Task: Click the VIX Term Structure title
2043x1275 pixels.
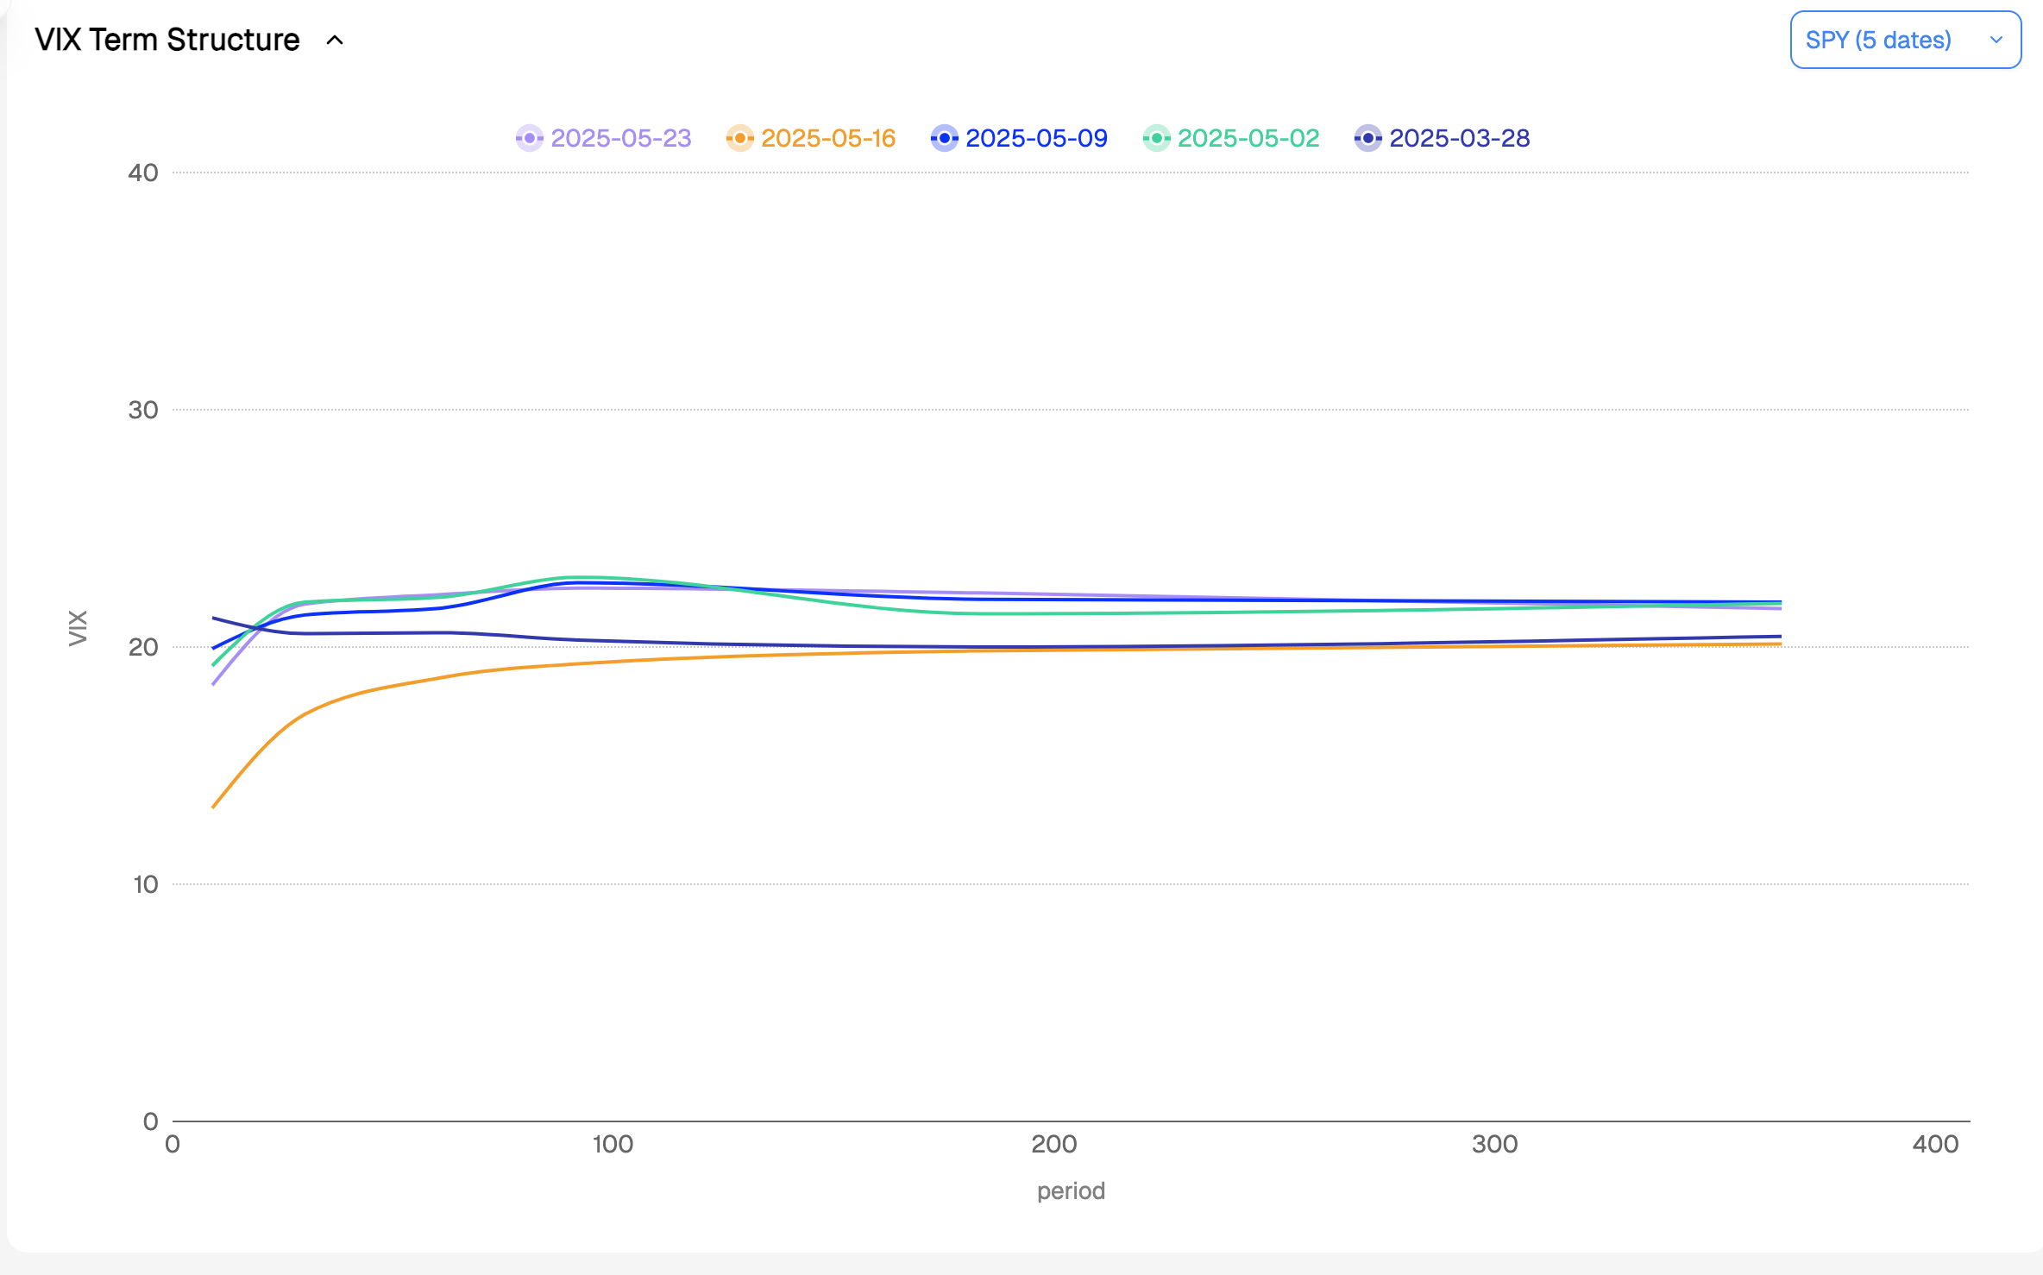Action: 167,41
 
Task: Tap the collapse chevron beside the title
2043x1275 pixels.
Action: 335,41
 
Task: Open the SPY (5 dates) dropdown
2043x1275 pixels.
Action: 1905,41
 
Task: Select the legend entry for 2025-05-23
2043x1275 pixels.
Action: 604,138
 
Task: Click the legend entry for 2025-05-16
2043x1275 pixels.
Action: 811,138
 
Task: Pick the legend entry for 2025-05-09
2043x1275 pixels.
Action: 1020,138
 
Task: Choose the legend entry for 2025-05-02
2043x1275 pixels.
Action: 1231,138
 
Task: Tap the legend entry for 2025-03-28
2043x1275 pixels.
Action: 1443,138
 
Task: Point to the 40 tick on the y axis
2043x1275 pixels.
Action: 143,173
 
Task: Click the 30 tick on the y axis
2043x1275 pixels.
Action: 143,411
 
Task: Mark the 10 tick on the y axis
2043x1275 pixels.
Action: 145,885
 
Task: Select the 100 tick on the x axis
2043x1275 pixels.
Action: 613,1145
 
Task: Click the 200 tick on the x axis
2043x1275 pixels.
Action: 1053,1145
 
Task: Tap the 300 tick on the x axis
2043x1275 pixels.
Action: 1494,1145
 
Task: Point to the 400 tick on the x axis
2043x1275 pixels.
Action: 1935,1145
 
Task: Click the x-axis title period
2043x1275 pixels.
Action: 1071,1191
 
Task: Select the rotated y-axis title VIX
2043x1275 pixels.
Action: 78,627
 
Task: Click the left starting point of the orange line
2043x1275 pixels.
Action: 213,807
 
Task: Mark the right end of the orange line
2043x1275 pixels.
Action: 1781,644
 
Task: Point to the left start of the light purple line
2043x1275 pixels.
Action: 213,685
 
